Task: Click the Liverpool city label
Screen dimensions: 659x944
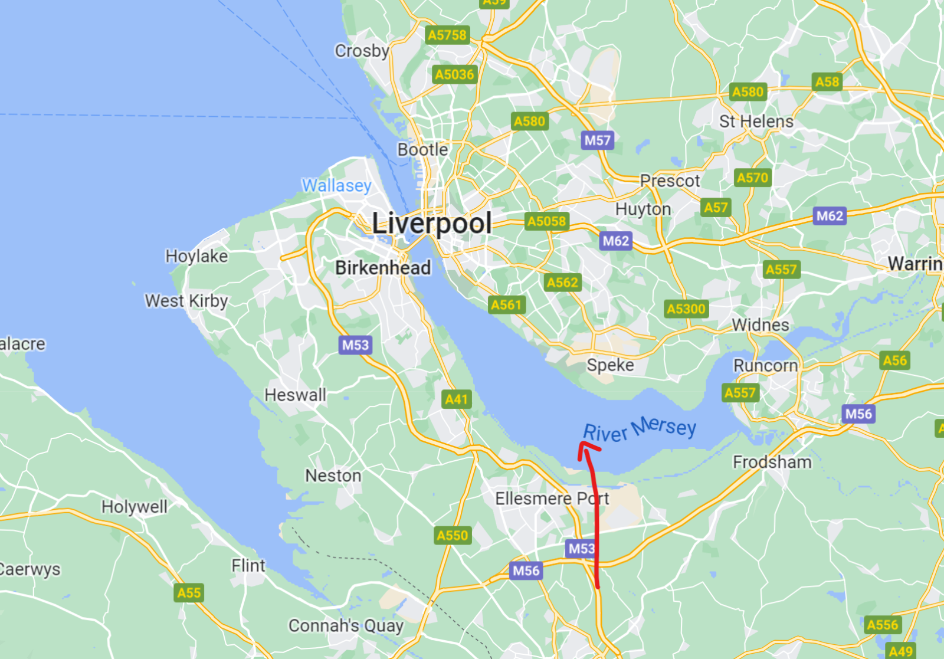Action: click(x=432, y=224)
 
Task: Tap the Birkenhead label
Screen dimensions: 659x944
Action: click(x=383, y=268)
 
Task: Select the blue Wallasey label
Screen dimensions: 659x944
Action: click(x=337, y=185)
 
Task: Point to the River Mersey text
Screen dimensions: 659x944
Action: click(x=640, y=429)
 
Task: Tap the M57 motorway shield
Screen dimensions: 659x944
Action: click(x=598, y=140)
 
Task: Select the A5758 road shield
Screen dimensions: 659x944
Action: click(x=447, y=35)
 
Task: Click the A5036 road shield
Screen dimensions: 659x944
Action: click(x=454, y=75)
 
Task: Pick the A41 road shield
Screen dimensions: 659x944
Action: click(x=456, y=399)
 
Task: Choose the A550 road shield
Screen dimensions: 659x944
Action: click(x=452, y=536)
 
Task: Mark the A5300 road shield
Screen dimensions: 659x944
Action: click(x=686, y=309)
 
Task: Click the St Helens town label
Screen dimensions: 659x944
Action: click(x=756, y=122)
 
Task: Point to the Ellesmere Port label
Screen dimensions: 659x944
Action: click(x=552, y=499)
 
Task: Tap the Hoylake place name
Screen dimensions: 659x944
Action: click(x=196, y=256)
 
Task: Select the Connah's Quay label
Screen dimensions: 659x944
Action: click(x=346, y=625)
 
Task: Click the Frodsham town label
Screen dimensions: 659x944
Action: click(x=772, y=462)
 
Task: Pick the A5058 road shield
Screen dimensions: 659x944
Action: click(x=547, y=222)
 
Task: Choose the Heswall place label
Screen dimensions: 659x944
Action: click(x=295, y=395)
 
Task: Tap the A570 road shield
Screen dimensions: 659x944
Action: click(x=753, y=178)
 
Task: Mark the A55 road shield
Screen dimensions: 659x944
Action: click(x=189, y=593)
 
